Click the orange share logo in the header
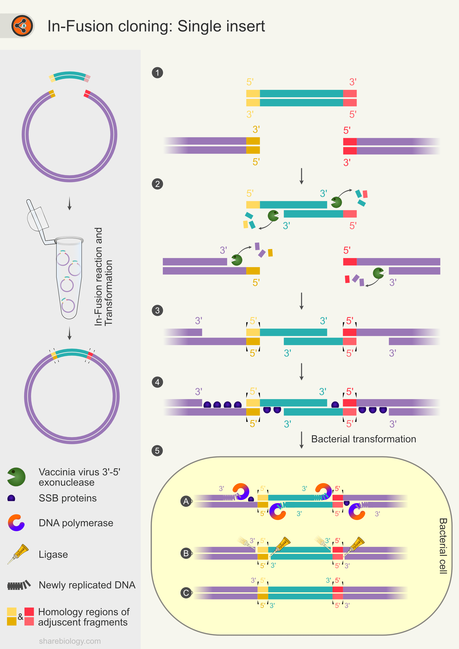pos(22,26)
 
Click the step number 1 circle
pos(157,73)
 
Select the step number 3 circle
pos(157,310)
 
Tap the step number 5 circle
pos(157,451)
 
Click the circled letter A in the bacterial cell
pos(186,501)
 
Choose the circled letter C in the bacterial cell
pos(186,593)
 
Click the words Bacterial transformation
pos(363,439)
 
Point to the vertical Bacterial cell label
pos(443,546)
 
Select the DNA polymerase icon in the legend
pos(16,523)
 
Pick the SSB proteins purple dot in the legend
pos(11,498)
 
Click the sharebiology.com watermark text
pos(70,641)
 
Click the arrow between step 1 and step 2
pos(301,176)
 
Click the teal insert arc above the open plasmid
pos(70,76)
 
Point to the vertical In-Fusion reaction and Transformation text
pos(103,276)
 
